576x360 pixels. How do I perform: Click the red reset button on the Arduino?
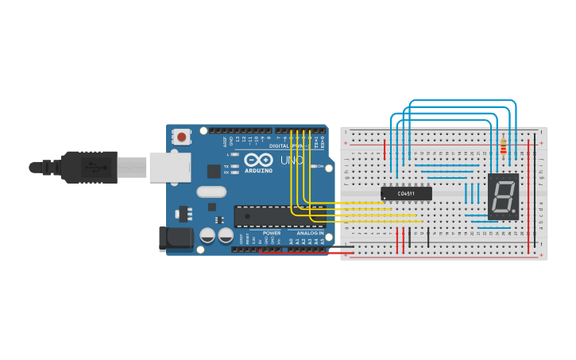(x=182, y=137)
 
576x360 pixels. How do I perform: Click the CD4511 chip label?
(x=406, y=193)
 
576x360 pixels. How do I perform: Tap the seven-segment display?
(x=504, y=196)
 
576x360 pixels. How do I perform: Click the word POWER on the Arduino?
(x=272, y=233)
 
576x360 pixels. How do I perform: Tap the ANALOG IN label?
(x=311, y=233)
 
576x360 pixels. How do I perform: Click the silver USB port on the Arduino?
(x=171, y=167)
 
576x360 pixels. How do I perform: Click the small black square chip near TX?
(x=214, y=171)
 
